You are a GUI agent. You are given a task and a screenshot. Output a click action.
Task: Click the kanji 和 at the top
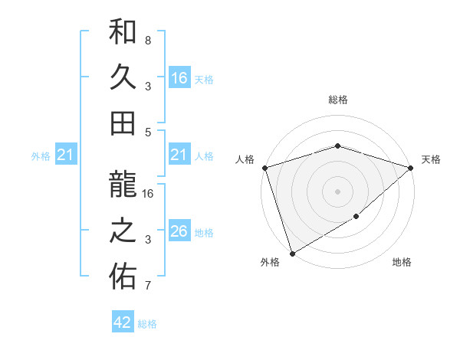123,34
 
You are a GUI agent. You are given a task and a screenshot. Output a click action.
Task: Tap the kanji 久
123,77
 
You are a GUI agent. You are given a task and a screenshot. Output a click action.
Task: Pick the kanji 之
123,233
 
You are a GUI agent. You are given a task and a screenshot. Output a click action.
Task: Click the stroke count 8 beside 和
148,40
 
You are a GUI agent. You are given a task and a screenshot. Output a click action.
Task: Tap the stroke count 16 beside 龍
149,194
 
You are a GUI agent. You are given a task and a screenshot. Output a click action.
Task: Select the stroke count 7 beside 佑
148,286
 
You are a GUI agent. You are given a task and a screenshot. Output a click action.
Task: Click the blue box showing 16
179,77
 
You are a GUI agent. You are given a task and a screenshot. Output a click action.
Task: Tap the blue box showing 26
179,231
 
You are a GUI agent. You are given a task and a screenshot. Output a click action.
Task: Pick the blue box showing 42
123,322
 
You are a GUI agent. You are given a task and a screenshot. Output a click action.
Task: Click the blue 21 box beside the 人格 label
179,155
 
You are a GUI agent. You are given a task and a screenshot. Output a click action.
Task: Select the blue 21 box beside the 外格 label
66,155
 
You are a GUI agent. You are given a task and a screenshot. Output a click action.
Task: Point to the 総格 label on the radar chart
338,100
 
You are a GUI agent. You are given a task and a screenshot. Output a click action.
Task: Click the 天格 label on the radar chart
431,159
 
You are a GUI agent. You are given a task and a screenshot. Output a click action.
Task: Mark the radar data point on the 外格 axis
292,253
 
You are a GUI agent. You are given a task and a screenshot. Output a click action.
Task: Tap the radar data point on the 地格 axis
356,218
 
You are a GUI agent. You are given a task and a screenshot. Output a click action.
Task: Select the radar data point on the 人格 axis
264,168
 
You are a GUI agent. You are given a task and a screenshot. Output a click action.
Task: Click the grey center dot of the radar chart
338,191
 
